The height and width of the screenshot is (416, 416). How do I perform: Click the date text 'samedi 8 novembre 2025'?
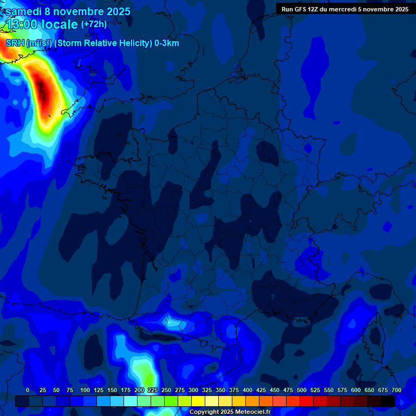68,11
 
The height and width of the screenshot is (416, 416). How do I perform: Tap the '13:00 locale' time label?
42,24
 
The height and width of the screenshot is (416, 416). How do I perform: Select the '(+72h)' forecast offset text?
94,24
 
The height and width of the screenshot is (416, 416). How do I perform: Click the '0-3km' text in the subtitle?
167,43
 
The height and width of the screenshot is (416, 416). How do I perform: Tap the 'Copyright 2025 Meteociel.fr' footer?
230,412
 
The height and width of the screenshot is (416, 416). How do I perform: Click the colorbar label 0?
28,391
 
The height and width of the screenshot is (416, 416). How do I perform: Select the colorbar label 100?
85,391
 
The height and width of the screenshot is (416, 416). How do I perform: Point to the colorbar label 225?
153,391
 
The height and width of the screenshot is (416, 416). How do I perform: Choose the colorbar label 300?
193,391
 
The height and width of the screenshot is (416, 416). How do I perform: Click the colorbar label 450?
275,391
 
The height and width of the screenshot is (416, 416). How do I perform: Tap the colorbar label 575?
342,391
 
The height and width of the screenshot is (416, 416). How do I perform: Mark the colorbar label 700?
396,391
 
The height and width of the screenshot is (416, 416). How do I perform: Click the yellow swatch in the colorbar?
198,401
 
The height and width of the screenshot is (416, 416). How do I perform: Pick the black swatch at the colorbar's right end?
388,401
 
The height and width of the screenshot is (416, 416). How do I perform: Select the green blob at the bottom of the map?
145,374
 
